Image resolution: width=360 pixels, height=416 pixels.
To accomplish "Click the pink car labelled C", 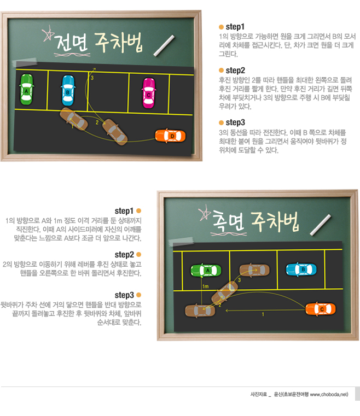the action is coord(149,93).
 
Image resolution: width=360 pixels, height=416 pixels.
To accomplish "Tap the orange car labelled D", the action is coord(171,136).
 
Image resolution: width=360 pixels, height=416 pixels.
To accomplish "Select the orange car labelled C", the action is coord(321,309).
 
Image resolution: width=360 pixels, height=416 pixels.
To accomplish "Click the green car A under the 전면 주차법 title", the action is coord(27,90).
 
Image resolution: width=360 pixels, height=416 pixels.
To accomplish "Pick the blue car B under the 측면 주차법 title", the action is coord(301,269).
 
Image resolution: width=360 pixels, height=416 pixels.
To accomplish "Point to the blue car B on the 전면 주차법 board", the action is coord(68,91).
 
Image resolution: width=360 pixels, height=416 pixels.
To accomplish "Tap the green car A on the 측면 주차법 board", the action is coord(206,271).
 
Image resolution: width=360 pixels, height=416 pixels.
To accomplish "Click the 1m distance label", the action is coord(206,286).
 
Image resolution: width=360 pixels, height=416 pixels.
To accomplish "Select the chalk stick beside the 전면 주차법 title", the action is coord(164,45).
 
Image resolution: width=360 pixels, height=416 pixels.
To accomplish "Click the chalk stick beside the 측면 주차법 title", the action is coord(320,225).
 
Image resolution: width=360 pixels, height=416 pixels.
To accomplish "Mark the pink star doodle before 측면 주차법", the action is coord(205,213).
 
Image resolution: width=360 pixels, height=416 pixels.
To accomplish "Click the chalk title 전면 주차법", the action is coord(98,43).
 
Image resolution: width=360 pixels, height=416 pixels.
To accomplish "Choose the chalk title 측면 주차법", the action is coord(255,221).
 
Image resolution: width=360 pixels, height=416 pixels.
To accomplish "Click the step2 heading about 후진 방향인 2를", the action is coord(235,71).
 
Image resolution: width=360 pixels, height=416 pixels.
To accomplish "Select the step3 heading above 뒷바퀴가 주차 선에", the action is coord(124,295).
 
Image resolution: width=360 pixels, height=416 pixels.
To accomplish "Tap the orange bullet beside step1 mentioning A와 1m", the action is coord(138,211).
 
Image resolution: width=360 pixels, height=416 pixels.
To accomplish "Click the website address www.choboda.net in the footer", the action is coord(329,395).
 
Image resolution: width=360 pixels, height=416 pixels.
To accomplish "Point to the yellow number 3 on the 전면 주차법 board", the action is coord(92,78).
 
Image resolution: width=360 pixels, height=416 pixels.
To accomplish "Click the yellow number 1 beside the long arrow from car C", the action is coord(263,314).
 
